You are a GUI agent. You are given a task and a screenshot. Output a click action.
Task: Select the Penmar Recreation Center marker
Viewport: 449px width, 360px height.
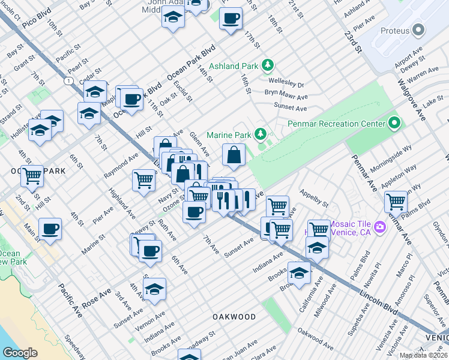point(394,124)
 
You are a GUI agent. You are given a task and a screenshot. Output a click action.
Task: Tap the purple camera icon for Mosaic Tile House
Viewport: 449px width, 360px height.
point(379,227)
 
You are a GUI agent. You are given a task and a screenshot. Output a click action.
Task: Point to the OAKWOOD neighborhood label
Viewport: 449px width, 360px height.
point(234,316)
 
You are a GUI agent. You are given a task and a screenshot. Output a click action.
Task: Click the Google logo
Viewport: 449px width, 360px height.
point(20,353)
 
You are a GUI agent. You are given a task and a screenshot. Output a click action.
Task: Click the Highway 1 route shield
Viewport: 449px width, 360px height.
point(70,80)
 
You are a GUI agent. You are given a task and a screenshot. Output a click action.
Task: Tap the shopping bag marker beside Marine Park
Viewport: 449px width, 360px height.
point(234,155)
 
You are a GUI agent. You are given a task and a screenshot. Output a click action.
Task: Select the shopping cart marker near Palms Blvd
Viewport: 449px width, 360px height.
point(396,201)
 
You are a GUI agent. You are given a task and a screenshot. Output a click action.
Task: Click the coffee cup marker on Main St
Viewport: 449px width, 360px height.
point(50,229)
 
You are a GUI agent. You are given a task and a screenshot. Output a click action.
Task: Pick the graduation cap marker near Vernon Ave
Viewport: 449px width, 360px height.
point(155,289)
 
